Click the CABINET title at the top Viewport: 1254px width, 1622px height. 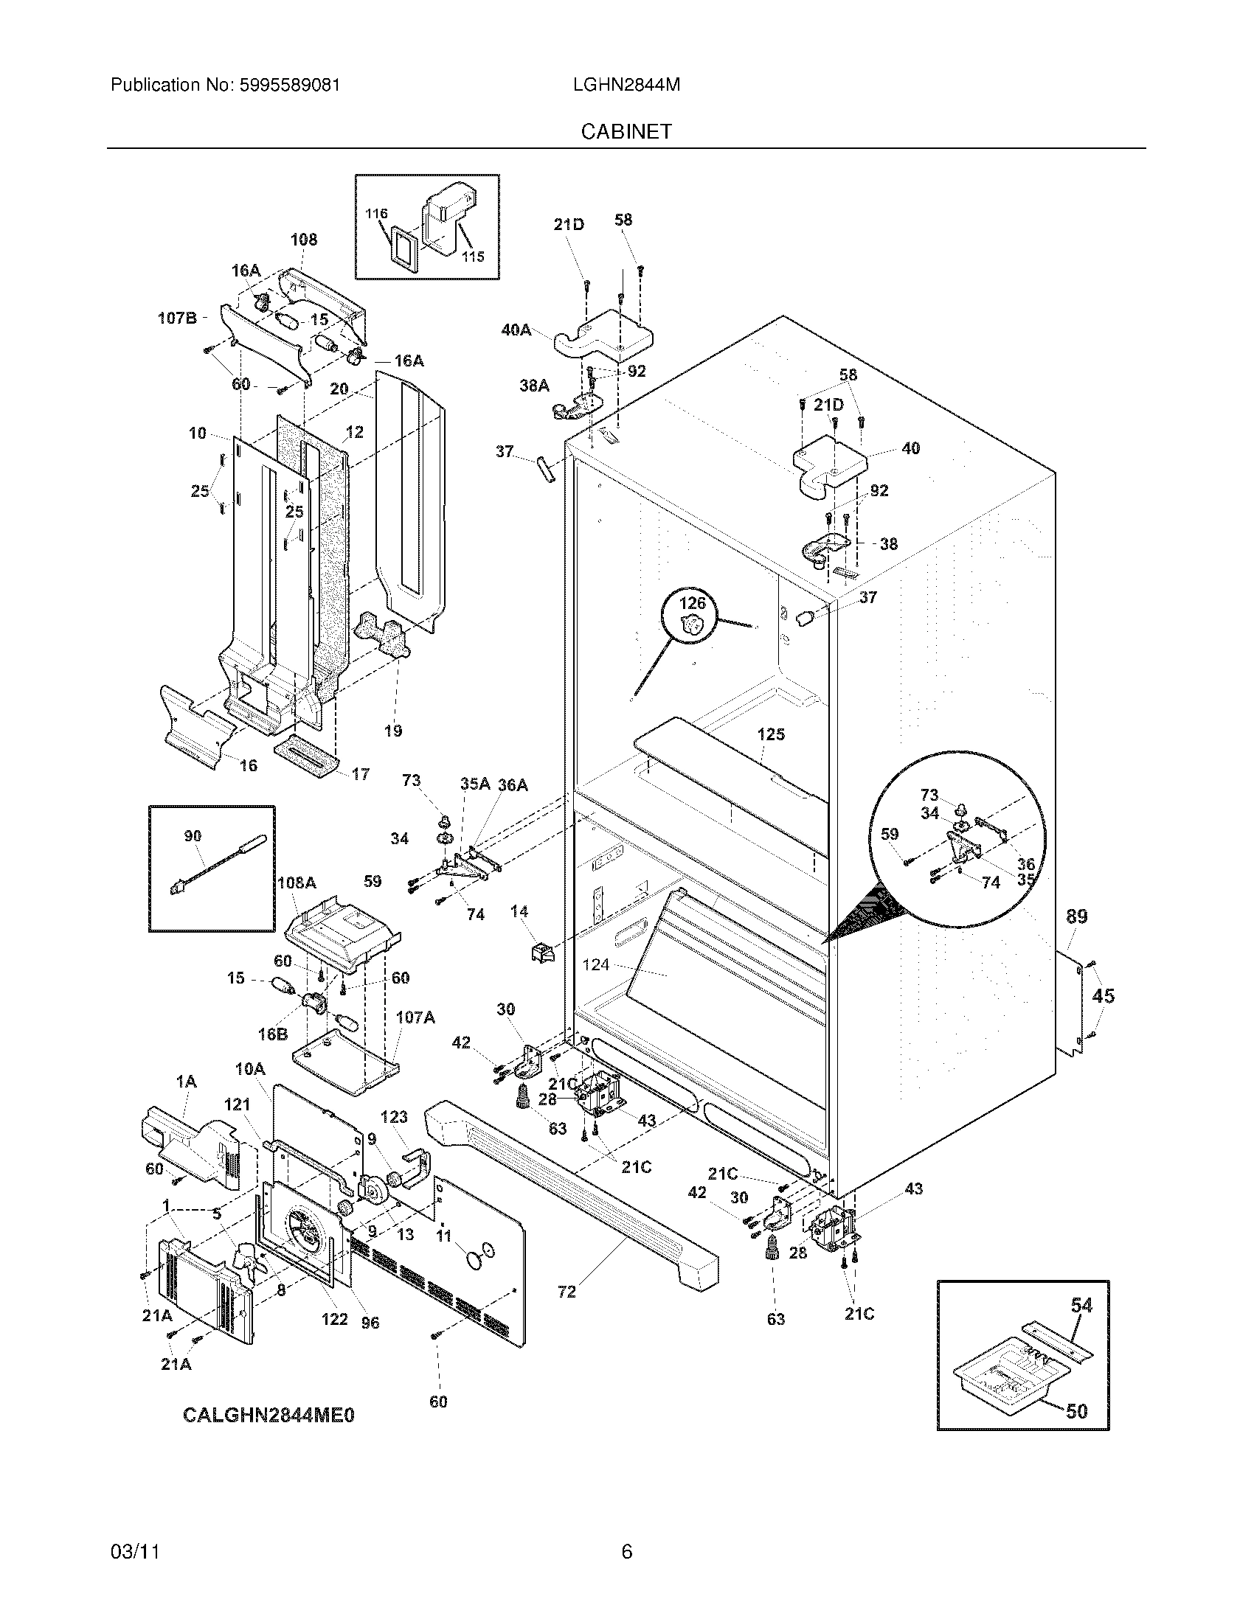pos(626,131)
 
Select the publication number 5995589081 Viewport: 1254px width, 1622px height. pos(290,85)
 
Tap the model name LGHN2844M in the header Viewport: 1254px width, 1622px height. pos(626,85)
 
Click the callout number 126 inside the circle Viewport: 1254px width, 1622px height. pos(692,603)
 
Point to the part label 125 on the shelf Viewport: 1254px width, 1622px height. pos(770,734)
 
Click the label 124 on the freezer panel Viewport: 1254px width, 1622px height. pos(596,964)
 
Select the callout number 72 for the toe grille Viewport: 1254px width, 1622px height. pos(567,1292)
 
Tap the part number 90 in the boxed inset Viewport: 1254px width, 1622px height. pos(193,835)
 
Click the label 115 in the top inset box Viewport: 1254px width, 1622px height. pos(473,257)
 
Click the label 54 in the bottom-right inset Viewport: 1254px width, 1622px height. pos(1081,1305)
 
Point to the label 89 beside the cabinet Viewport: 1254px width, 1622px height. pos(1076,916)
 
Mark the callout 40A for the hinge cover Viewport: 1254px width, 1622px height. pos(516,330)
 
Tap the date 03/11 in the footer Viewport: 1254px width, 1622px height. pos(136,1551)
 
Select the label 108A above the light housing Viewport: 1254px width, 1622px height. pos(297,883)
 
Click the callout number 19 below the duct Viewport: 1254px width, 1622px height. pos(393,731)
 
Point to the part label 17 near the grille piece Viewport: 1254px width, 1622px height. pos(360,775)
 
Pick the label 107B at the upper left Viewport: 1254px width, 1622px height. pos(177,318)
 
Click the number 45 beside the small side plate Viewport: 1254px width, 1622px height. pos(1104,995)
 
